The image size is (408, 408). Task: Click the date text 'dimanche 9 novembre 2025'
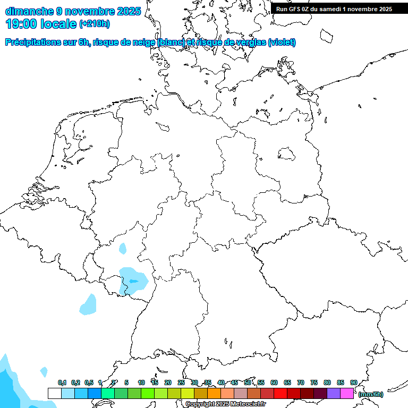coord(73,11)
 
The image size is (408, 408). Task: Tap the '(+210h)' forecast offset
coord(95,24)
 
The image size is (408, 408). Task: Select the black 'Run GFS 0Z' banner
coord(334,8)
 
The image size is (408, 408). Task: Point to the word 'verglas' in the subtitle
coord(250,42)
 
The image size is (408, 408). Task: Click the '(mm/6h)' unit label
coord(371,394)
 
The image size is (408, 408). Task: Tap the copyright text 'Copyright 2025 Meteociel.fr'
coord(225,404)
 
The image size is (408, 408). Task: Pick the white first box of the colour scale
coord(54,393)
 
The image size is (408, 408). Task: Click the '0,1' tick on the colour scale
coord(62,382)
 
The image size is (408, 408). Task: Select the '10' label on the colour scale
coord(141,382)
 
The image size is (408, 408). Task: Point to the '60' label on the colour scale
coord(274,382)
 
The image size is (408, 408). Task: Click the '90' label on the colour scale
coord(353,382)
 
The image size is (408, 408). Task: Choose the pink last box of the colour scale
coord(347,393)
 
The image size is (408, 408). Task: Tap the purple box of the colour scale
coord(334,393)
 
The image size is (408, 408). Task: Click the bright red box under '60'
coord(280,393)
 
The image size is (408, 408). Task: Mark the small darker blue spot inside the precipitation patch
coord(133,280)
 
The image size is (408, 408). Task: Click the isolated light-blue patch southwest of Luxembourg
coord(88,304)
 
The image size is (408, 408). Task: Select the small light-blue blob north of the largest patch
coord(123,248)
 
